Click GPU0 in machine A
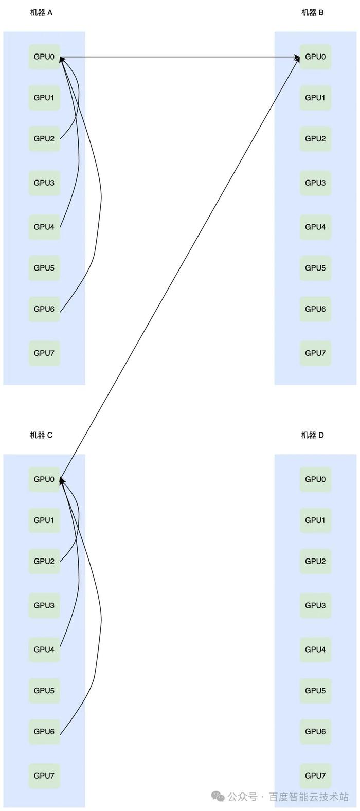pyautogui.click(x=44, y=57)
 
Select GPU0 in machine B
pyautogui.click(x=315, y=57)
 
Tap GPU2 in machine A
pyautogui.click(x=44, y=139)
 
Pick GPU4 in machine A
pyautogui.click(x=44, y=227)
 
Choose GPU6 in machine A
pyautogui.click(x=44, y=309)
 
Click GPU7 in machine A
pyautogui.click(x=44, y=353)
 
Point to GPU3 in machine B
pyautogui.click(x=315, y=183)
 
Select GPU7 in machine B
pyautogui.click(x=315, y=353)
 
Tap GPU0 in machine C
pyautogui.click(x=44, y=479)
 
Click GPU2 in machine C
pyautogui.click(x=44, y=561)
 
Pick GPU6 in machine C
pyautogui.click(x=44, y=731)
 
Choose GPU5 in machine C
pyautogui.click(x=44, y=691)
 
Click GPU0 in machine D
pyautogui.click(x=315, y=479)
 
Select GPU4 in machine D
pyautogui.click(x=315, y=650)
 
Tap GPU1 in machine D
pyautogui.click(x=315, y=520)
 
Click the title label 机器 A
pyautogui.click(x=41, y=13)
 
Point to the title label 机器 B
pyautogui.click(x=313, y=13)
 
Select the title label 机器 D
pyautogui.click(x=313, y=435)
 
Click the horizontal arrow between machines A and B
pyautogui.click(x=179, y=57)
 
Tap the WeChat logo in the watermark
pyautogui.click(x=218, y=797)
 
